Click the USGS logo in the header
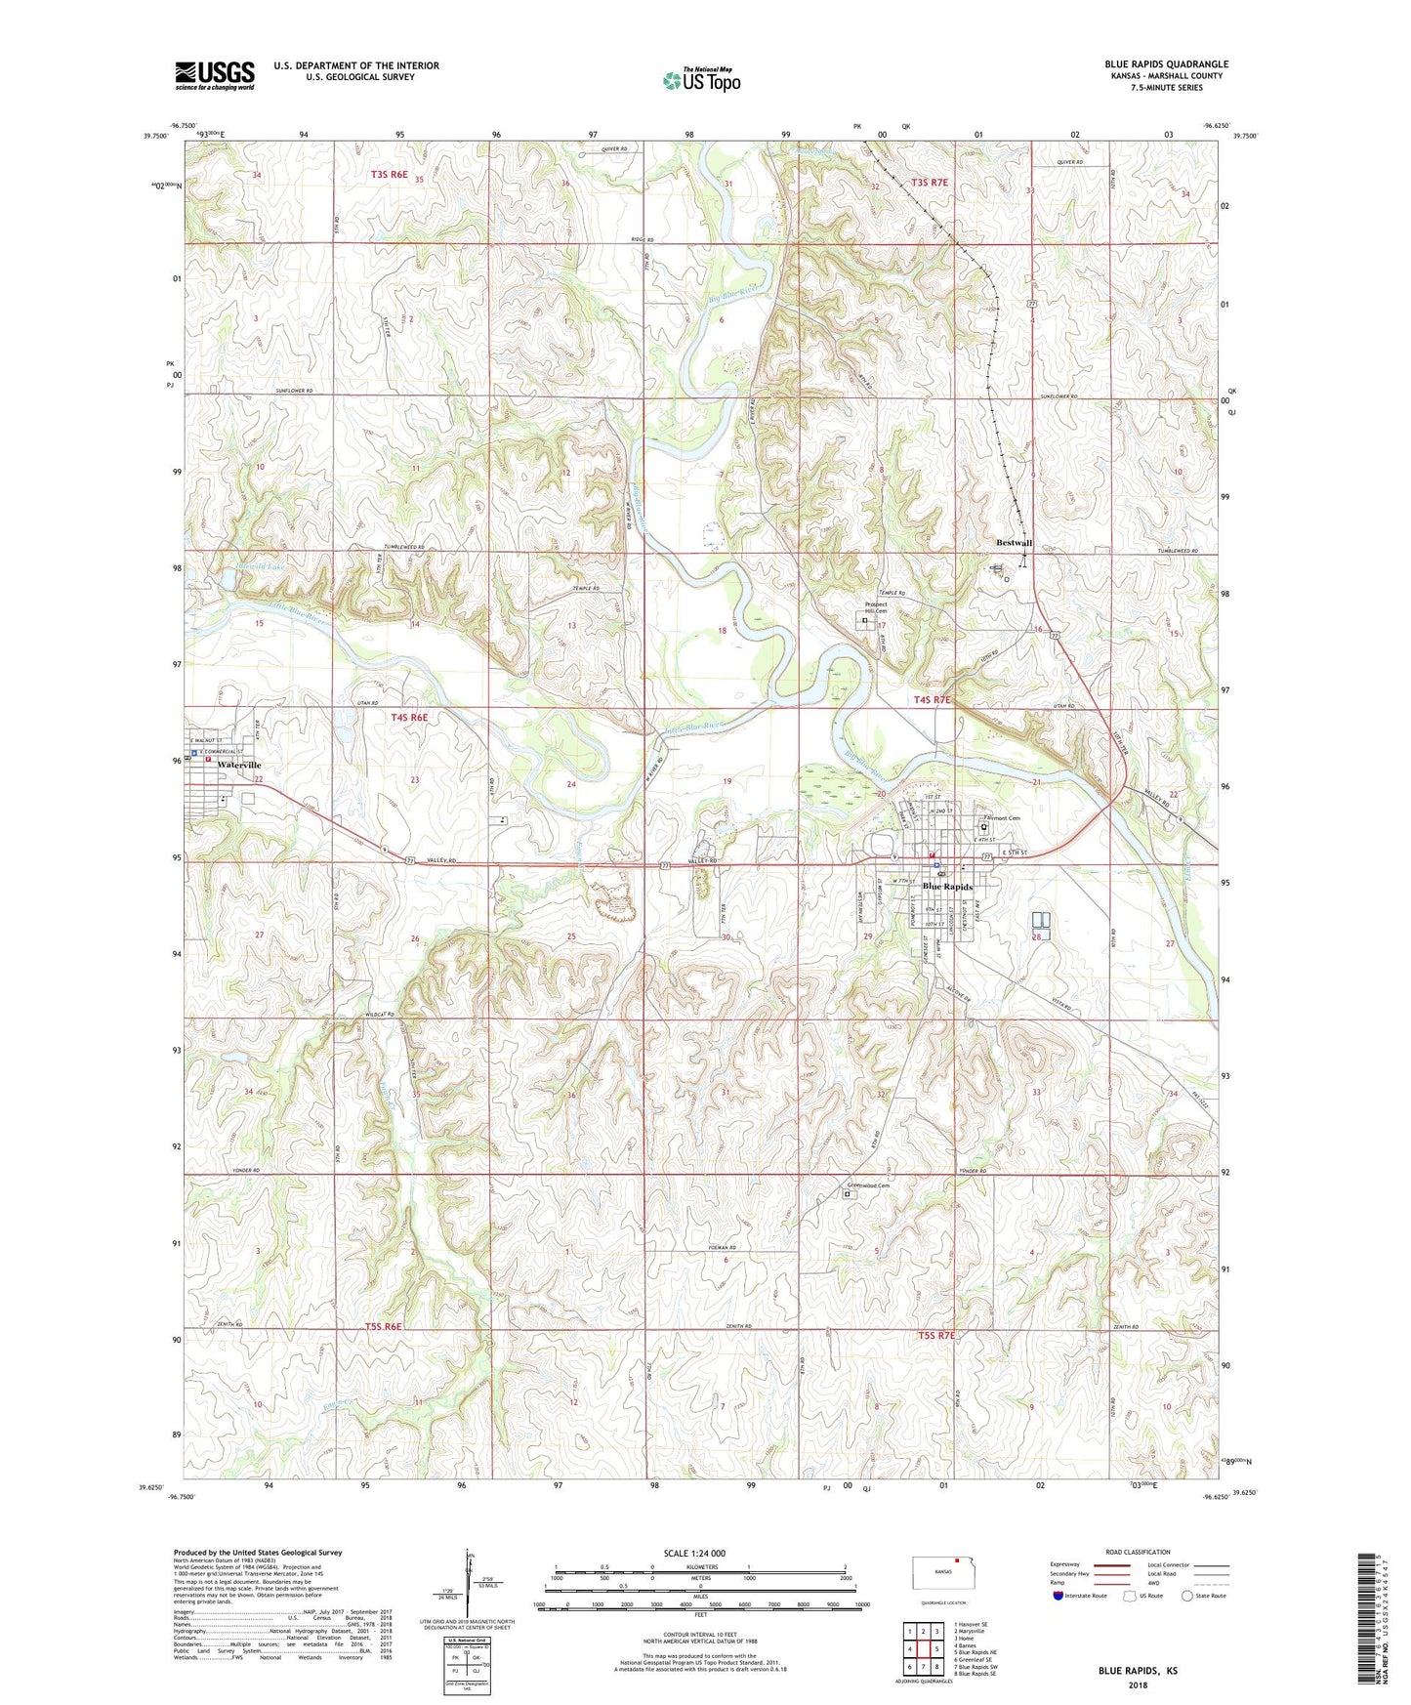click(215, 75)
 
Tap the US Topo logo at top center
click(701, 79)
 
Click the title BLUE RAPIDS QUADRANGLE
click(1166, 64)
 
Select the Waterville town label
click(239, 765)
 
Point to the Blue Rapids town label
click(947, 887)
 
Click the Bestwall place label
click(1014, 543)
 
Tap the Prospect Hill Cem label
click(875, 607)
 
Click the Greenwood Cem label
click(868, 1186)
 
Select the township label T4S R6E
click(409, 718)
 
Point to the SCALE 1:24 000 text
click(693, 1554)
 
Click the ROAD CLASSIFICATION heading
click(1139, 1552)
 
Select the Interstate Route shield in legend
click(1058, 1597)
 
